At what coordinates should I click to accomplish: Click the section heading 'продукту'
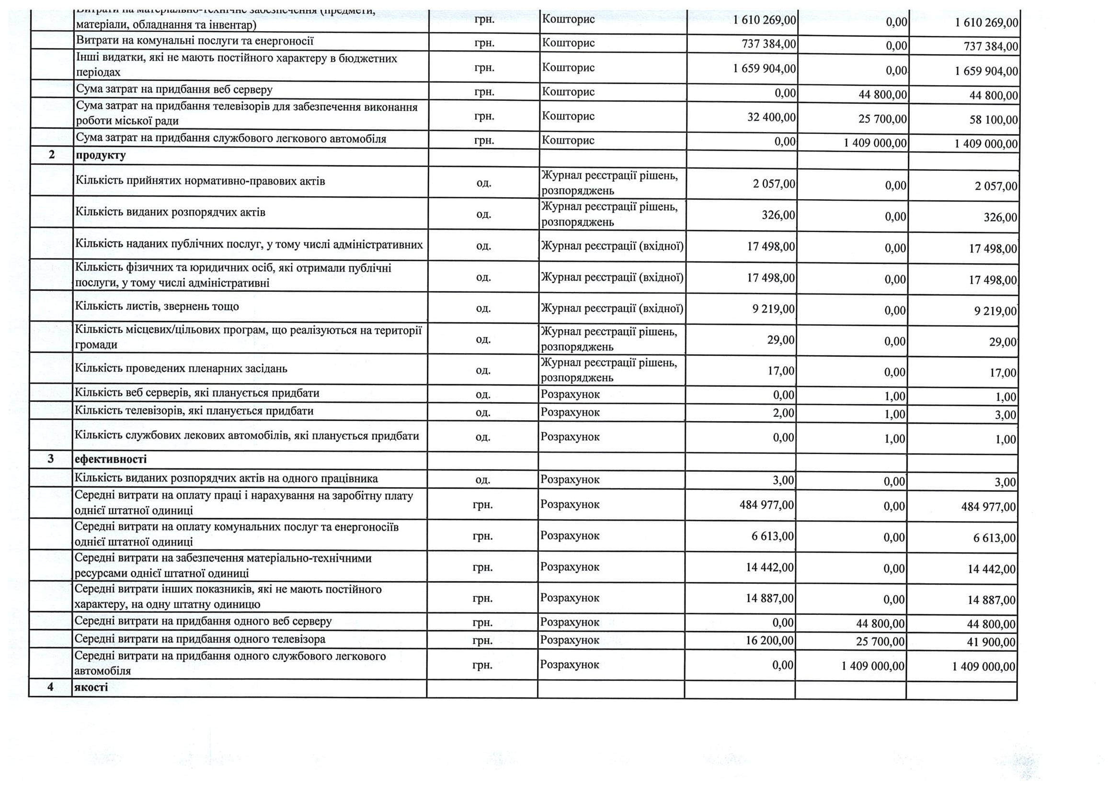pos(100,156)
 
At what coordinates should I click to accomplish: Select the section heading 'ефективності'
pos(110,459)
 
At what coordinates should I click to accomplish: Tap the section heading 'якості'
pos(91,687)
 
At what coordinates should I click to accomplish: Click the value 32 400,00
pos(771,117)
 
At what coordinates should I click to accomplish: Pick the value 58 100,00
pos(994,120)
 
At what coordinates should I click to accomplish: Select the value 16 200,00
pos(769,640)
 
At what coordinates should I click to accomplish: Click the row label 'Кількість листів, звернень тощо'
pos(157,307)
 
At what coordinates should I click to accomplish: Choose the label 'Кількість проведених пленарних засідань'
pos(181,368)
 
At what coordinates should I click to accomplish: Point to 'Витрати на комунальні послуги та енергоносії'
pos(194,41)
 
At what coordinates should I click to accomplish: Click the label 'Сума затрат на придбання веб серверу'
pos(174,89)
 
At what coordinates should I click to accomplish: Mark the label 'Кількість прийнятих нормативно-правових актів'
pos(200,181)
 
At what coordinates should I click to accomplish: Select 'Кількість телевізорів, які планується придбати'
pos(194,411)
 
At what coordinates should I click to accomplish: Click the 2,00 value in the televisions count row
pos(783,413)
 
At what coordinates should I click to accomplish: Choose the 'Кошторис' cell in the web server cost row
pos(568,91)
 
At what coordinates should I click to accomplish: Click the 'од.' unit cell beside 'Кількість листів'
pos(483,309)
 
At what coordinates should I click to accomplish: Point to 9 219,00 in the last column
pos(995,311)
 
